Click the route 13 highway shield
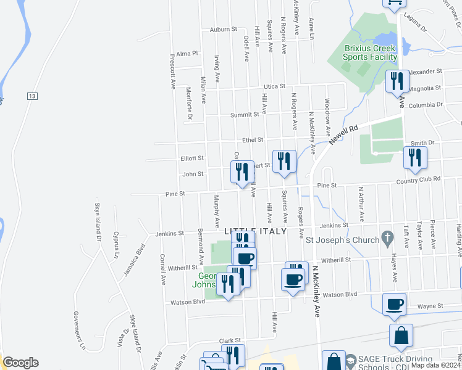pos(32,96)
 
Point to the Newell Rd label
pos(343,134)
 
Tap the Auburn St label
pos(223,29)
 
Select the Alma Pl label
pos(186,54)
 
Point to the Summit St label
pos(245,115)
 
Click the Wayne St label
pos(430,305)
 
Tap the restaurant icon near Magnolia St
pos(397,81)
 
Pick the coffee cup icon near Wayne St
pos(393,303)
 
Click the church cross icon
pos(387,236)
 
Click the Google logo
pos(20,363)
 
